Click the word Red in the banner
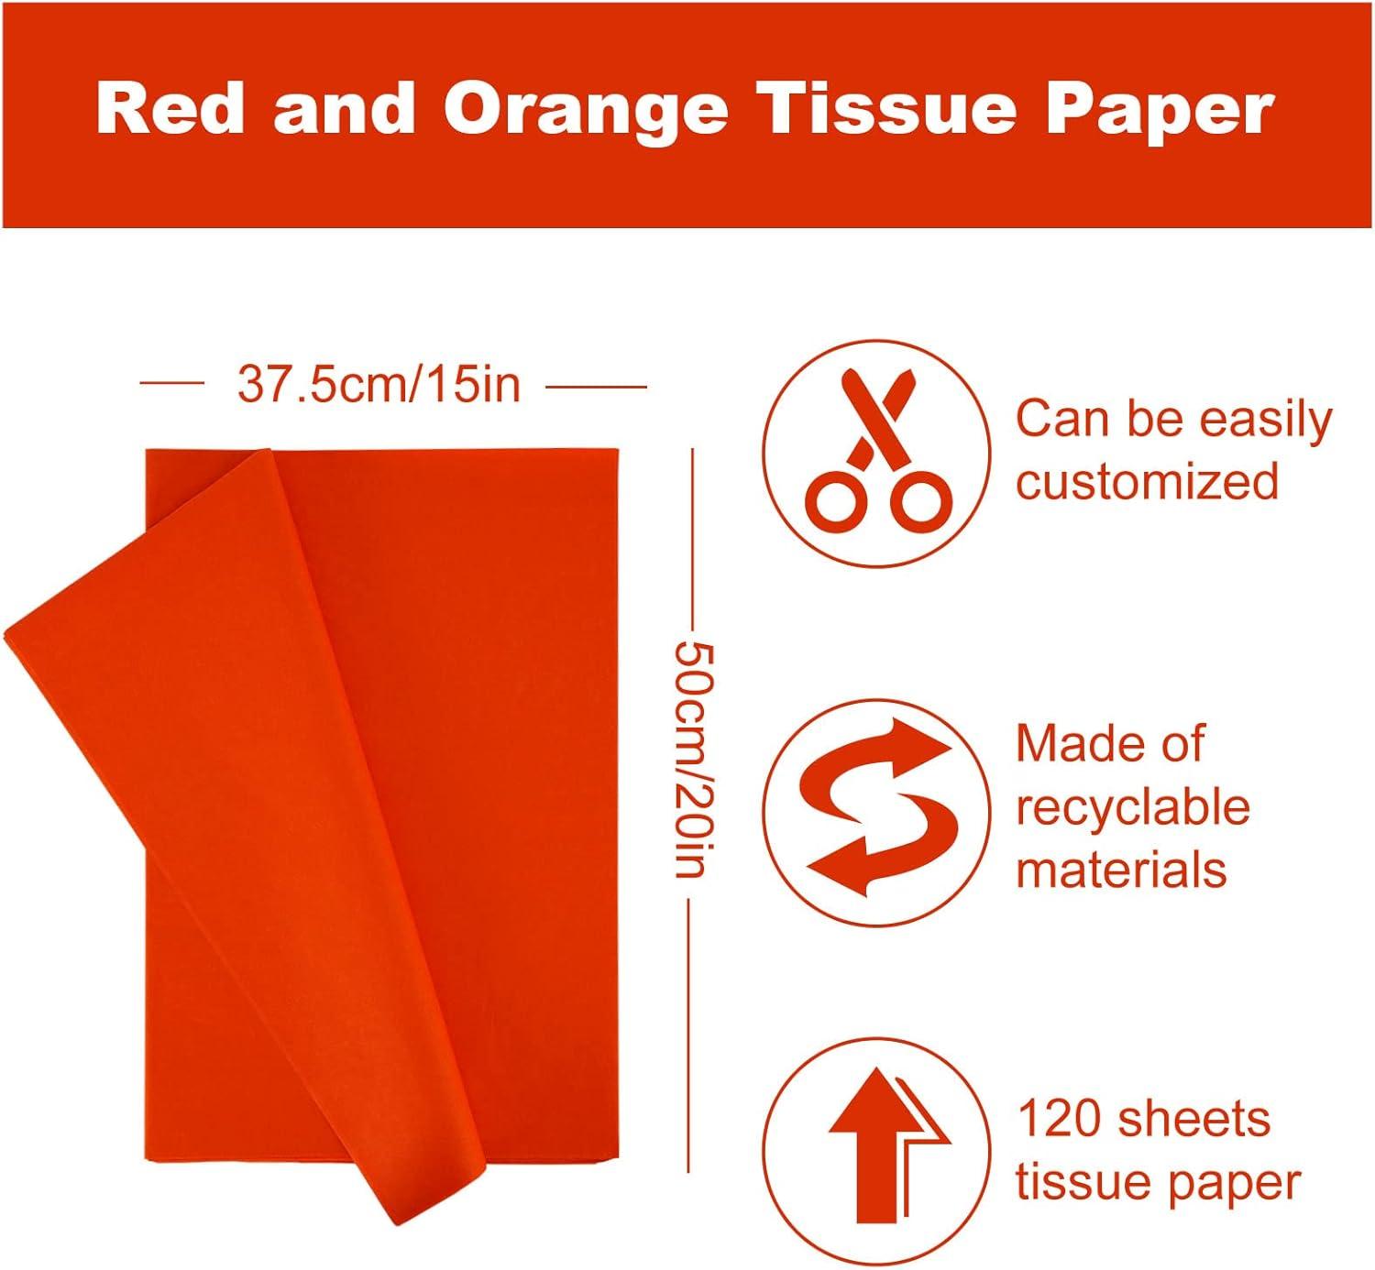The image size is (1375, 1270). point(170,110)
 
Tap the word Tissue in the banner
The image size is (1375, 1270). point(889,110)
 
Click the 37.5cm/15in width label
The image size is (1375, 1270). point(379,385)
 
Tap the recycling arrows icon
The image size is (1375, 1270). point(877,806)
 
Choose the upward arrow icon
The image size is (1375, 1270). point(877,1145)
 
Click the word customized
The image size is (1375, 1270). point(1147,481)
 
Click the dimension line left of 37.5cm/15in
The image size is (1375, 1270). point(171,385)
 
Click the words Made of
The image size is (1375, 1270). point(1109,743)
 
